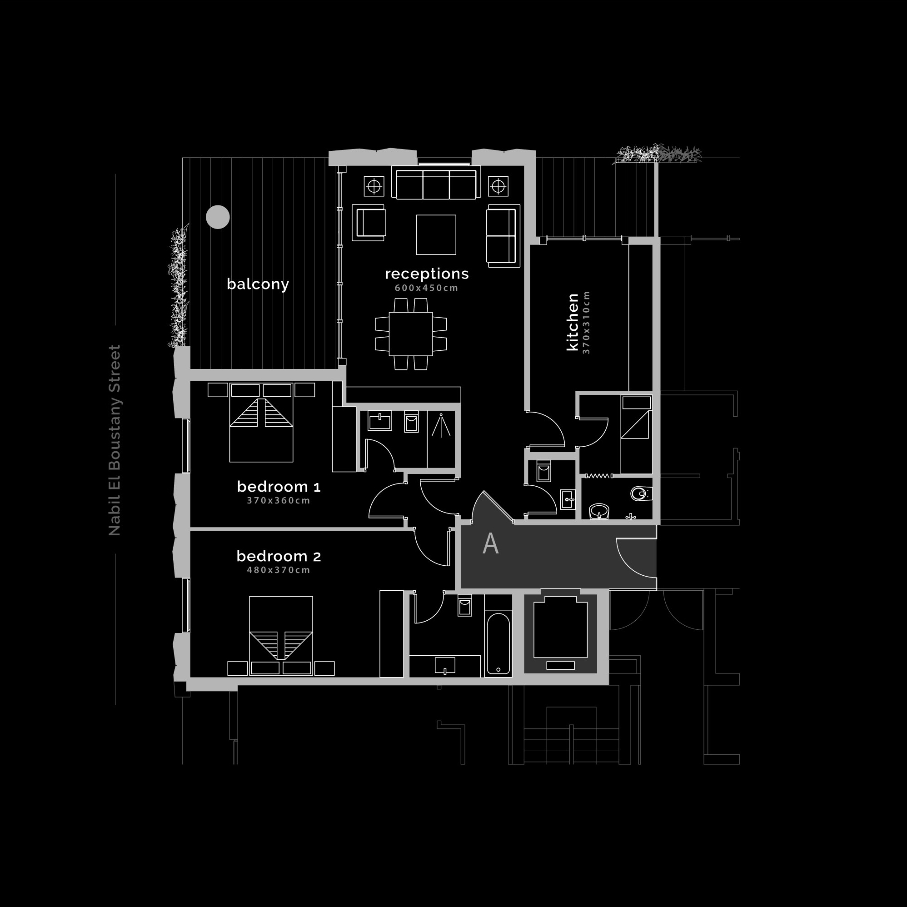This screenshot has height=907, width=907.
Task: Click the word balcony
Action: [x=258, y=284]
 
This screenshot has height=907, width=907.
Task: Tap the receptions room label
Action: [x=427, y=274]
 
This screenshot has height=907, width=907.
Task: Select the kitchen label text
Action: [x=572, y=322]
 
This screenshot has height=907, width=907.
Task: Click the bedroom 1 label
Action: [x=279, y=486]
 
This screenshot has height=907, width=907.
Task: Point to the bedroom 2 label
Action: [x=279, y=556]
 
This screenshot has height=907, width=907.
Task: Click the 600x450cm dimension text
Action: [x=426, y=288]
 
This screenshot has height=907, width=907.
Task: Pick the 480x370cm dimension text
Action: [x=279, y=570]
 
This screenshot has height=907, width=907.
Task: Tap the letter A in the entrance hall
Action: [x=491, y=543]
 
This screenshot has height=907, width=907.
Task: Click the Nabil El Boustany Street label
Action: [x=115, y=440]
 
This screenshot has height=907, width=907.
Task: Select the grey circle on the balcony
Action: [x=218, y=217]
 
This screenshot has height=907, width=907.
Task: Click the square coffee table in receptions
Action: [x=436, y=235]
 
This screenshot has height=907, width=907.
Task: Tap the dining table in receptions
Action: [x=411, y=334]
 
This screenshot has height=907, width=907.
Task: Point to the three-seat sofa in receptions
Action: [x=436, y=183]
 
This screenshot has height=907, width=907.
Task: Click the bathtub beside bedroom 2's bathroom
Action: [x=498, y=643]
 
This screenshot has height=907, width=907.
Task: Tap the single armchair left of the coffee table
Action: [x=369, y=223]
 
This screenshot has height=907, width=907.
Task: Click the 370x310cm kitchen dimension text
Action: [x=586, y=322]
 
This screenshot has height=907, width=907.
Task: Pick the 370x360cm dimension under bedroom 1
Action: [x=279, y=500]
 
